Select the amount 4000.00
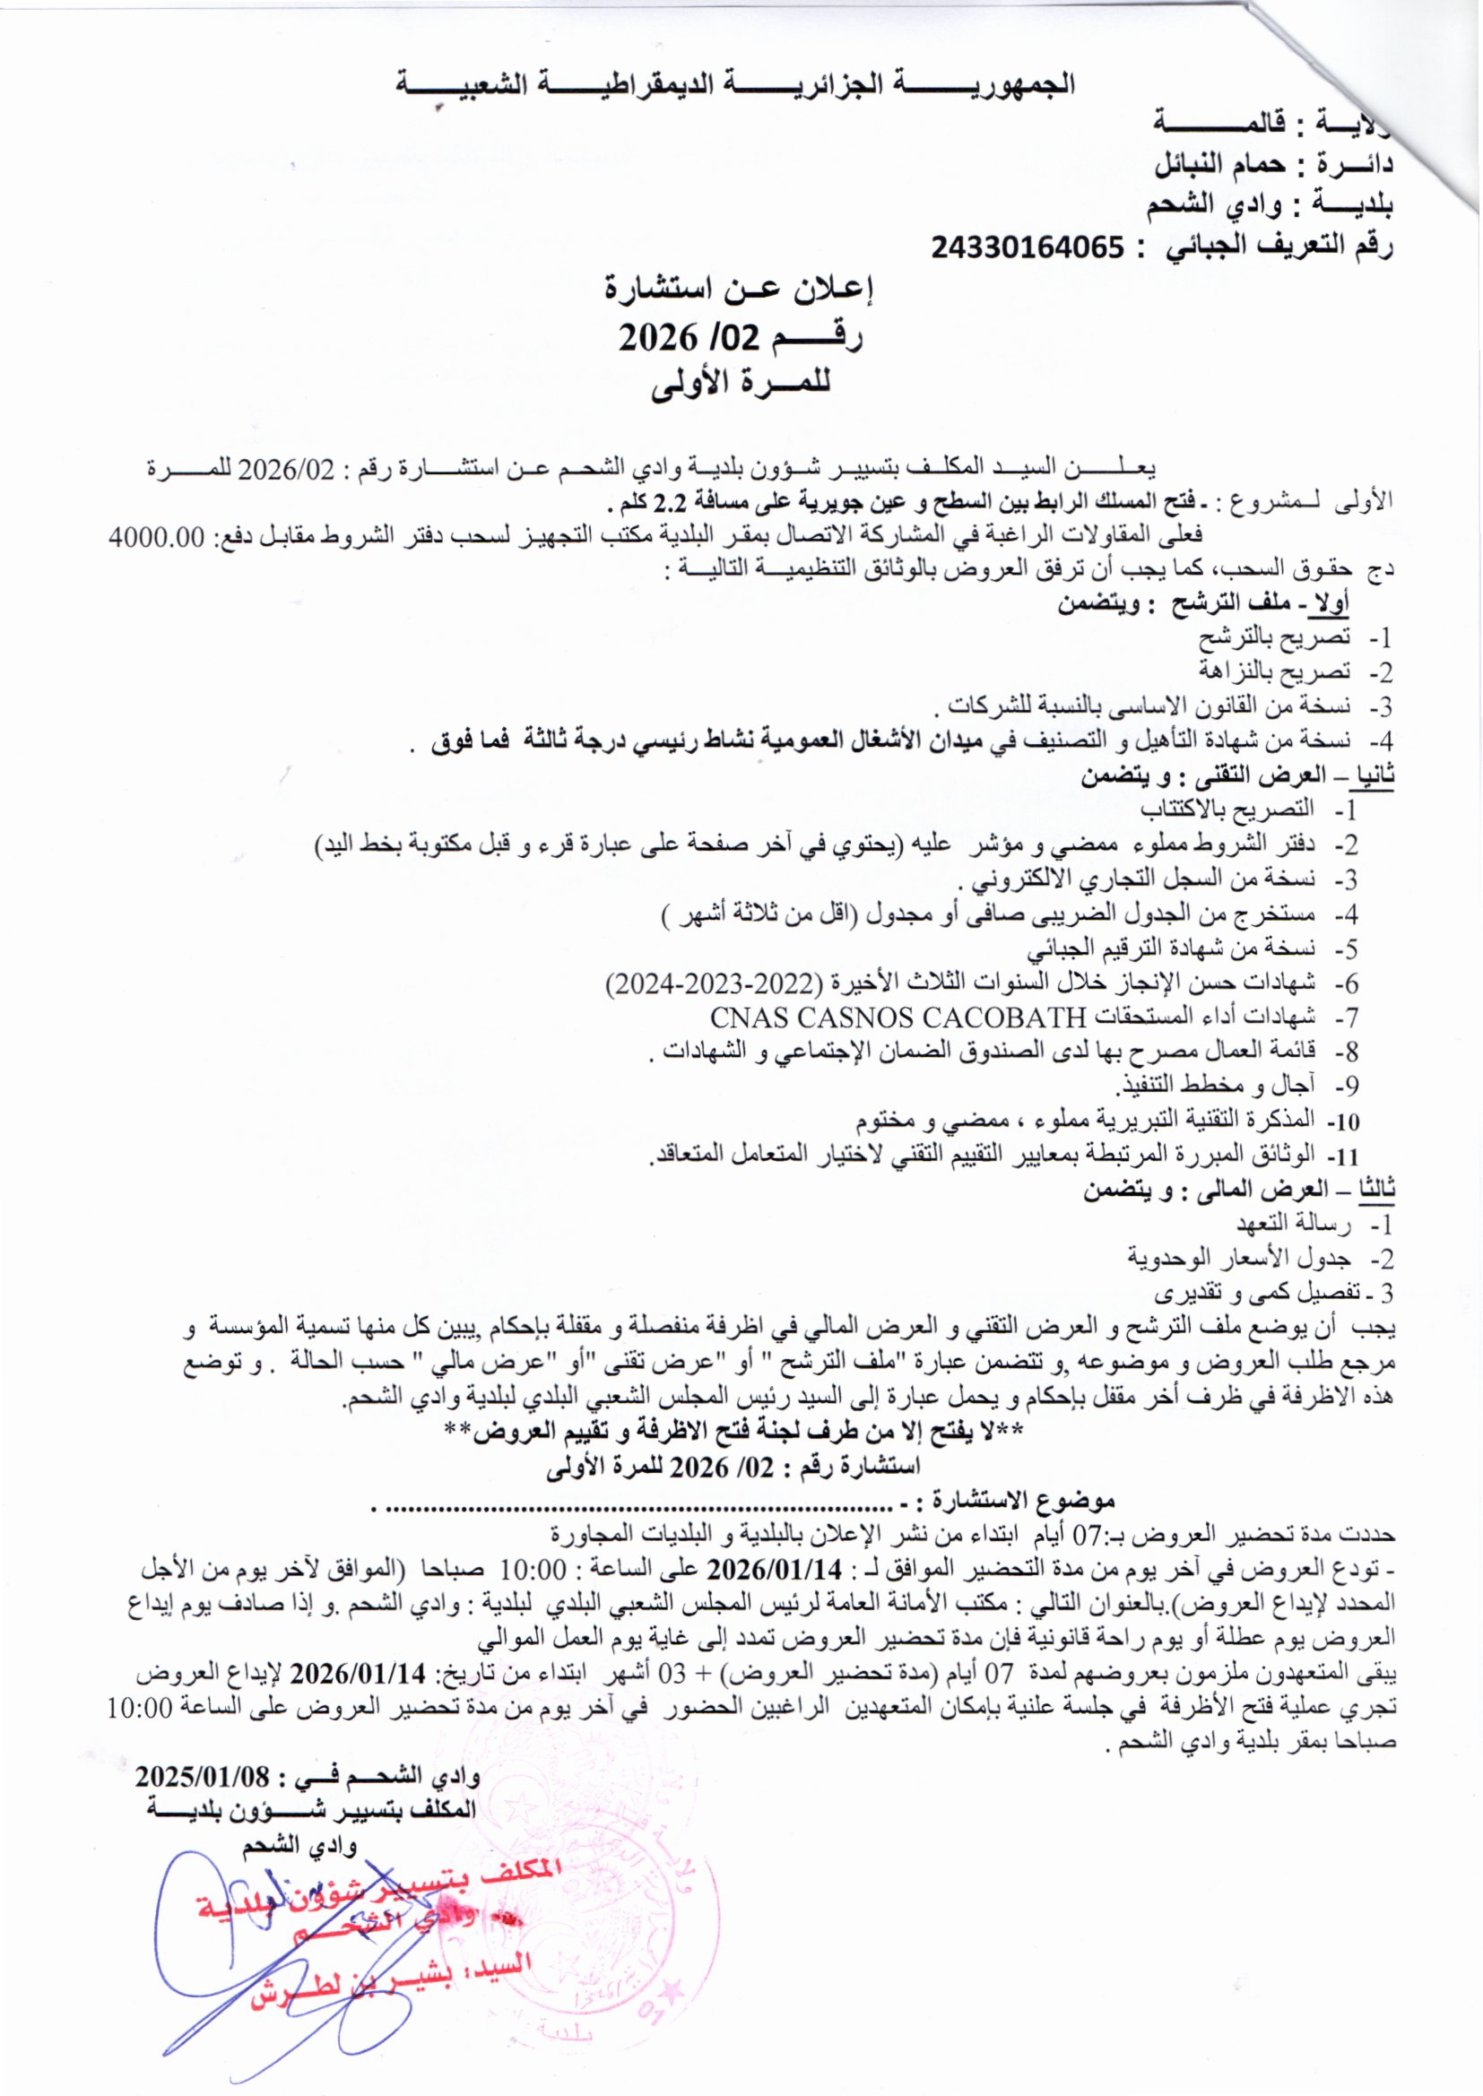point(152,537)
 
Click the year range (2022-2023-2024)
point(708,983)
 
